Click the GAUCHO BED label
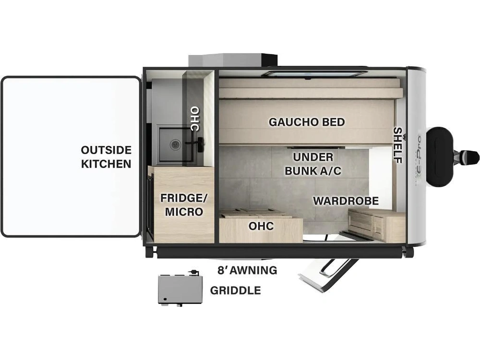[x=306, y=122]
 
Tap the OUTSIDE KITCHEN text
[x=106, y=157]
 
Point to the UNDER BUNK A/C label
[x=313, y=164]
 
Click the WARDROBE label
[x=346, y=201]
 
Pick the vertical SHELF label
[x=398, y=145]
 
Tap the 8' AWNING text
[x=247, y=270]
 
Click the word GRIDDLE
[x=235, y=290]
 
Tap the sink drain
[x=176, y=144]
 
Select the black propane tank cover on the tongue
[x=440, y=156]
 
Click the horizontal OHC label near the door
[x=261, y=226]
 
